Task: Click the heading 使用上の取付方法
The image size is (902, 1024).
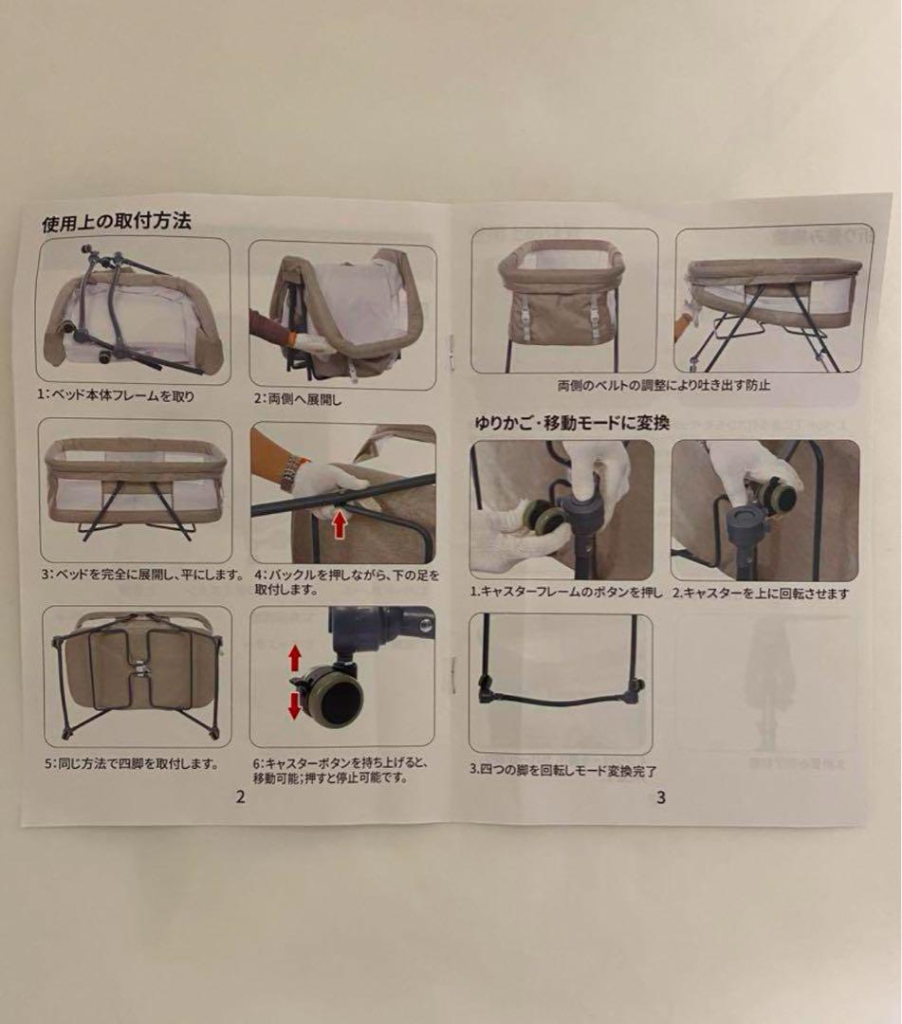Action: pos(117,222)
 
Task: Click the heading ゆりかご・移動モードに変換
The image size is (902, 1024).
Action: pos(572,423)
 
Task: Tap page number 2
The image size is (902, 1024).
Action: pos(240,796)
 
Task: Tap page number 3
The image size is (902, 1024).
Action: pos(661,797)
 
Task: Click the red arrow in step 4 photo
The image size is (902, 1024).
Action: pos(339,523)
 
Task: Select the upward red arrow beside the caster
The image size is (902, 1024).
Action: pos(295,658)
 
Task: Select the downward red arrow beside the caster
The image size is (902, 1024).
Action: pos(295,704)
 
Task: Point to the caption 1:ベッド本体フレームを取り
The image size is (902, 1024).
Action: pos(116,395)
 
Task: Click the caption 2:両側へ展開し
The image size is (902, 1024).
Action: pos(297,399)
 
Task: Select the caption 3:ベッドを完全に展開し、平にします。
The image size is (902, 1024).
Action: pos(141,575)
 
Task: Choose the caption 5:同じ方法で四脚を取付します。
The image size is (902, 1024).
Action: pos(131,762)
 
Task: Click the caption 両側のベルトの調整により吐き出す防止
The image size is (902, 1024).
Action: pos(664,385)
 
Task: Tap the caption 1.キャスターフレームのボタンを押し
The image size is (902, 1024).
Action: pos(567,593)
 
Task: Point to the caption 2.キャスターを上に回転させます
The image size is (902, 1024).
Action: pos(762,594)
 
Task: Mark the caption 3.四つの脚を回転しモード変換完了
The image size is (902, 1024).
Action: pos(563,771)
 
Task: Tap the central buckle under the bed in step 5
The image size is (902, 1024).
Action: pos(139,668)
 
